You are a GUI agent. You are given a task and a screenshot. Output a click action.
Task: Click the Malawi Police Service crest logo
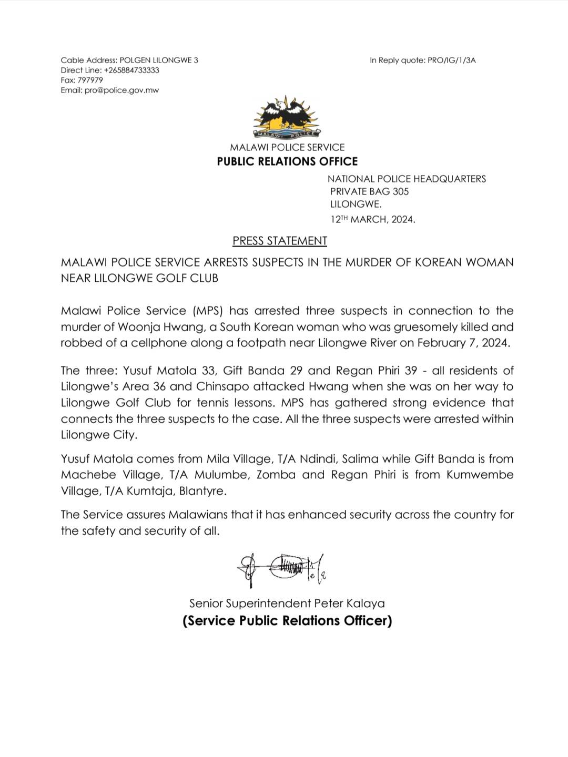(287, 119)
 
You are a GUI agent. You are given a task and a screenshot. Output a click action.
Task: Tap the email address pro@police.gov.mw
(121, 90)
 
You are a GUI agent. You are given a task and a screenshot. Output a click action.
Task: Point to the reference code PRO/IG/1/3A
(451, 60)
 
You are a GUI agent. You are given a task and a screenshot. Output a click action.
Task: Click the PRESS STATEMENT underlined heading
(280, 241)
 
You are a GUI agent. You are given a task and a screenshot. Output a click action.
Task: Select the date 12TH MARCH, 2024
(372, 219)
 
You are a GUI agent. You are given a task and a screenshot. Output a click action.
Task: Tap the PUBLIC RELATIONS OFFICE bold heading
(287, 161)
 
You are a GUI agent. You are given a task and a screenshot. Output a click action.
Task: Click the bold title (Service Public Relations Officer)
(287, 621)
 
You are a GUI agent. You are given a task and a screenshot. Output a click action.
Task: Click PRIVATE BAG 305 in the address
(369, 191)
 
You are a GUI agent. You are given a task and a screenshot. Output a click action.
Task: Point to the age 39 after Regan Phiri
(411, 371)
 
